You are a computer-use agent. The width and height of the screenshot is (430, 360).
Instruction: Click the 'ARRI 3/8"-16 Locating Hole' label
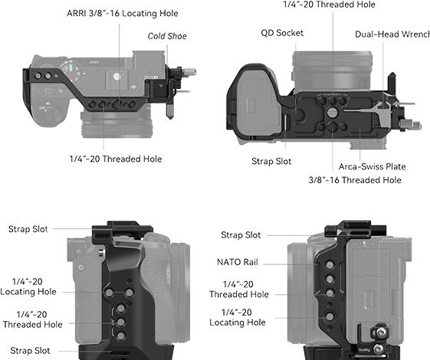pyautogui.click(x=123, y=13)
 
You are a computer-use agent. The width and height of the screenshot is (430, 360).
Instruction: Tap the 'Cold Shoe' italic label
pyautogui.click(x=167, y=36)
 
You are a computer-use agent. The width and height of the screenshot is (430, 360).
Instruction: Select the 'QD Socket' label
pyautogui.click(x=282, y=33)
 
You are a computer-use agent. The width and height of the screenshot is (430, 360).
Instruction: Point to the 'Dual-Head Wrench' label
pyautogui.click(x=392, y=34)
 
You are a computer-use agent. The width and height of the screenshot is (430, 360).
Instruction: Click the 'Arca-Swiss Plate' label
pyautogui.click(x=373, y=166)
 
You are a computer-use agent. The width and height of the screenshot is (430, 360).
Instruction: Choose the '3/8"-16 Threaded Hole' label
pyautogui.click(x=355, y=180)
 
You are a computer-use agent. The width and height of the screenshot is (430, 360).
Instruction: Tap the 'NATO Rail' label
pyautogui.click(x=238, y=262)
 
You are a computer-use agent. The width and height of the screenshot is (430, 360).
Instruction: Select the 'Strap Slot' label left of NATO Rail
pyautogui.click(x=241, y=235)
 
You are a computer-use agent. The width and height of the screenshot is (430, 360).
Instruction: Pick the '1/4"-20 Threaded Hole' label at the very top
pyautogui.click(x=329, y=5)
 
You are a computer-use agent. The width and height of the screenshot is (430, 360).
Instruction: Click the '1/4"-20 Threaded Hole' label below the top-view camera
pyautogui.click(x=116, y=159)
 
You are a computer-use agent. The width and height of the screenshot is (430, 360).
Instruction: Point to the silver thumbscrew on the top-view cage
pyautogui.click(x=189, y=72)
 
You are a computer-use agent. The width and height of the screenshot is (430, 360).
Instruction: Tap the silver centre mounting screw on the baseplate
pyautogui.click(x=332, y=112)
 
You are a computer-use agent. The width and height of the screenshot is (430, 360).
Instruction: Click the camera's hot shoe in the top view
pyautogui.click(x=117, y=80)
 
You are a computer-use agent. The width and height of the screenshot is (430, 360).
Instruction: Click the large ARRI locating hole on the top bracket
pyautogui.click(x=118, y=104)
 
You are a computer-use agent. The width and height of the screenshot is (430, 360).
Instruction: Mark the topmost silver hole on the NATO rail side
pyautogui.click(x=330, y=265)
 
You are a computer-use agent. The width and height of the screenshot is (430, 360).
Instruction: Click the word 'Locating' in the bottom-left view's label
pyautogui.click(x=18, y=292)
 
